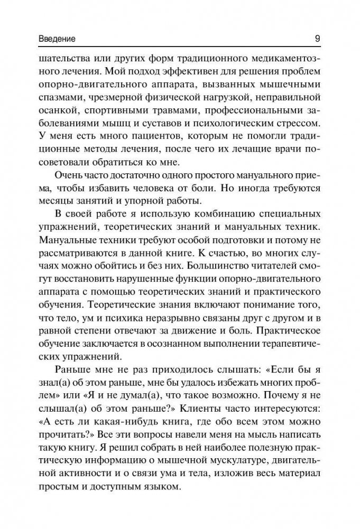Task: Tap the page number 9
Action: click(x=316, y=38)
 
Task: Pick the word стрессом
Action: click(x=298, y=125)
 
